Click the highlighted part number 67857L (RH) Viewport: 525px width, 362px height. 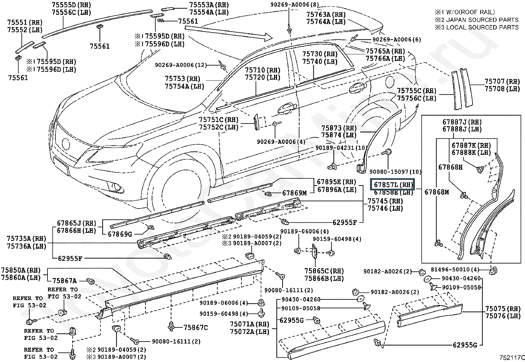tap(392, 184)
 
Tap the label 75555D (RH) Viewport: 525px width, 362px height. tap(71, 5)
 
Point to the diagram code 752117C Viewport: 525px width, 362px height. tap(511, 357)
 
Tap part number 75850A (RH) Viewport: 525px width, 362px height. tap(21, 270)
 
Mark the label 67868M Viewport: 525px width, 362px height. tap(437, 192)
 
